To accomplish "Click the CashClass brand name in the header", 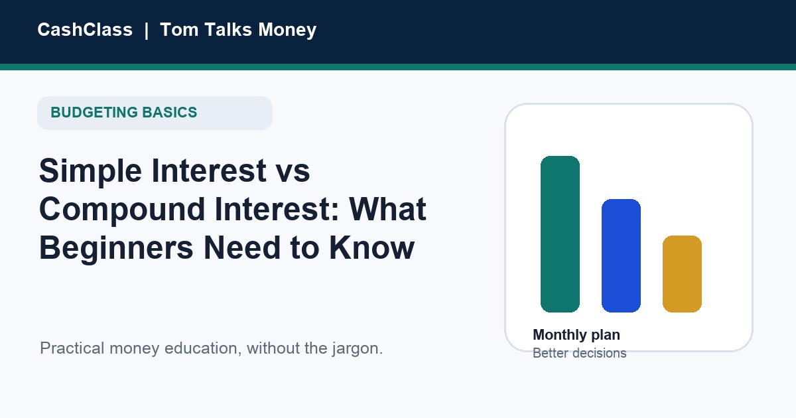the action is [85, 29].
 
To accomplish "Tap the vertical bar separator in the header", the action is [147, 31].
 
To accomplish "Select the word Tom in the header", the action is [179, 29].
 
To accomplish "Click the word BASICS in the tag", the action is [170, 112].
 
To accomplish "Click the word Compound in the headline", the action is [122, 210].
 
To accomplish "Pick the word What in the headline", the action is [387, 209].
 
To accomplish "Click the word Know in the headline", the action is [371, 247].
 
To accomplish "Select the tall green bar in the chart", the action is [560, 234].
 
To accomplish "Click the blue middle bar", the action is [621, 255].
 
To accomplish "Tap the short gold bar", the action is [683, 273].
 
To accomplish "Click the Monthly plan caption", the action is [576, 335].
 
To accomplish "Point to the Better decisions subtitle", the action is [580, 353].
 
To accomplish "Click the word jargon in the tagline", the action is [358, 349].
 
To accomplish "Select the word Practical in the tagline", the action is [72, 348].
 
